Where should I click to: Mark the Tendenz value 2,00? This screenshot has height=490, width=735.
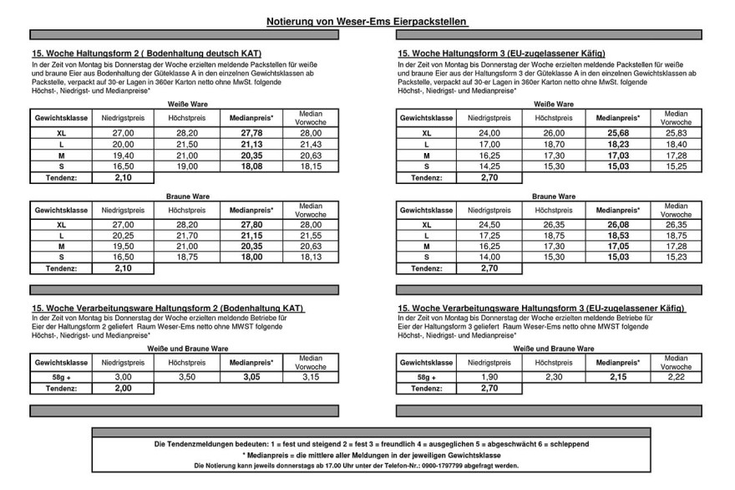[x=123, y=388]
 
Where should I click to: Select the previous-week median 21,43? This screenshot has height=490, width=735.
[x=310, y=144]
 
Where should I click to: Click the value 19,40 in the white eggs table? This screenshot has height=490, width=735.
[x=123, y=155]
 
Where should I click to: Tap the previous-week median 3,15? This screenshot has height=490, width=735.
[x=310, y=377]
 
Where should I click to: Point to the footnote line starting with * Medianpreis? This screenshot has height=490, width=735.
[x=367, y=454]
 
